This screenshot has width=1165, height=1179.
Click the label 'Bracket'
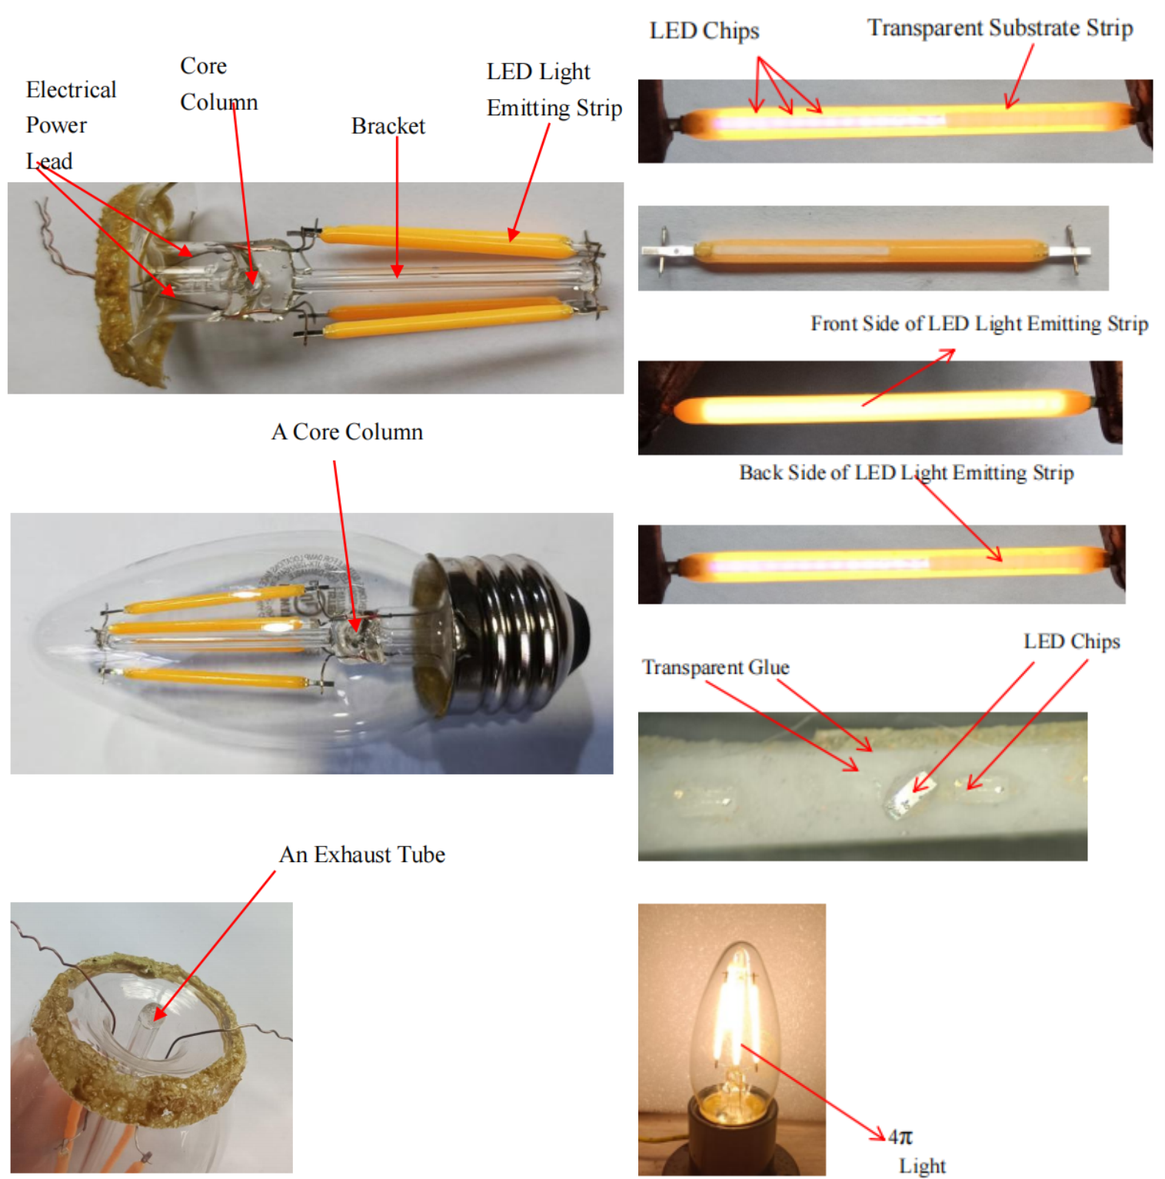click(x=388, y=125)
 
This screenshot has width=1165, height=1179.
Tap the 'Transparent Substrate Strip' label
click(x=1000, y=28)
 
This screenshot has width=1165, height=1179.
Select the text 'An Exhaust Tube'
click(x=362, y=854)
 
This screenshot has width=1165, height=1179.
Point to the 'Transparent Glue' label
click(x=715, y=667)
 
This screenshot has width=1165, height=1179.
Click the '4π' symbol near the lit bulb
click(x=900, y=1136)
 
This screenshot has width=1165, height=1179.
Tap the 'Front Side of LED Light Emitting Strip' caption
click(x=979, y=324)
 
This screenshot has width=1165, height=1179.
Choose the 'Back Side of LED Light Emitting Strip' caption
click(x=906, y=472)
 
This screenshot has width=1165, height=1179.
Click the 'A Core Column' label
click(x=347, y=431)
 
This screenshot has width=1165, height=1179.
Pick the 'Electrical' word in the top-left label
click(x=71, y=89)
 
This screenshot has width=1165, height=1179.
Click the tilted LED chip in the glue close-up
click(x=910, y=794)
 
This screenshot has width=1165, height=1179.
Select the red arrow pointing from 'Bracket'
click(x=397, y=207)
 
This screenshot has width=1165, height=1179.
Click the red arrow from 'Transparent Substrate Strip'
click(x=1019, y=75)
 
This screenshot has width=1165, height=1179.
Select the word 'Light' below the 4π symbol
click(x=922, y=1166)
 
